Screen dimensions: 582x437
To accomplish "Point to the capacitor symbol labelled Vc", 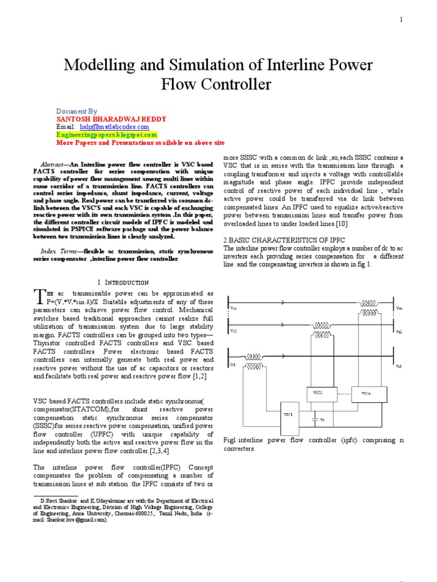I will coord(315,419).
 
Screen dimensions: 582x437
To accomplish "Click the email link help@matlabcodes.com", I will coord(108,127).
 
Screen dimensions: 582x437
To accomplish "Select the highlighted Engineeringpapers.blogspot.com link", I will coord(106,135).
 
